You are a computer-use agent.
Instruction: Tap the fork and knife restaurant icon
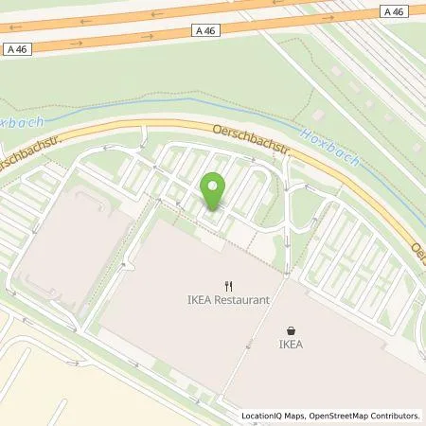[228, 285]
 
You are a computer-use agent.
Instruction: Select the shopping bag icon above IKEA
[290, 331]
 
